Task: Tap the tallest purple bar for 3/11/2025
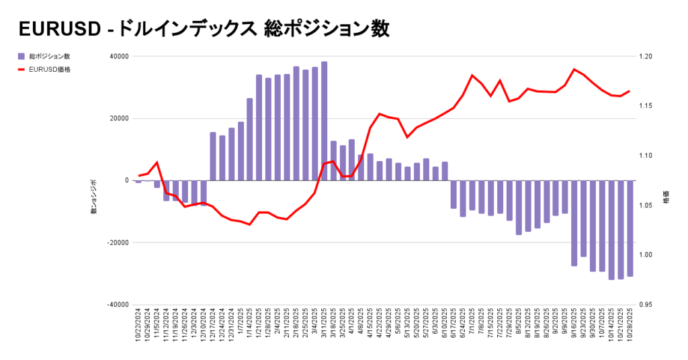(324, 121)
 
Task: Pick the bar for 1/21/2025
(259, 128)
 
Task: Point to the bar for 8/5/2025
(519, 208)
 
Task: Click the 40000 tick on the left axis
(119, 56)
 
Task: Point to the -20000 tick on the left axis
(118, 242)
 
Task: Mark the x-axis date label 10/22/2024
(139, 326)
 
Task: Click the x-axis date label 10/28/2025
(630, 326)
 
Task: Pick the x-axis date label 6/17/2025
(454, 326)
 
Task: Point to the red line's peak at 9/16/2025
(574, 69)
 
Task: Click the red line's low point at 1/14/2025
(250, 224)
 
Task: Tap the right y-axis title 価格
(665, 199)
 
